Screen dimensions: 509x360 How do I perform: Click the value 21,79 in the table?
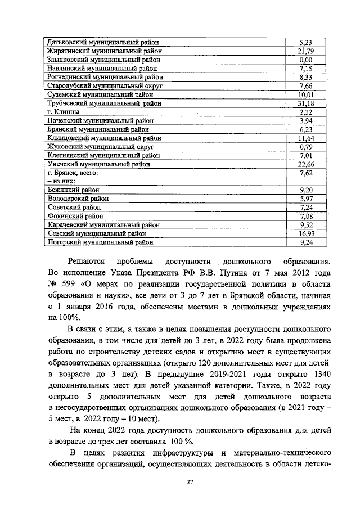coord(305,51)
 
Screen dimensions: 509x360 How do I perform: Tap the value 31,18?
coord(305,103)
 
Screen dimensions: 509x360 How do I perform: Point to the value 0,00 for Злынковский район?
coord(305,60)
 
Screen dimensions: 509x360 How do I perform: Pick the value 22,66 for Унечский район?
coord(305,164)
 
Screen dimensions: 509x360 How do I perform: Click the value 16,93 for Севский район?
coord(305,233)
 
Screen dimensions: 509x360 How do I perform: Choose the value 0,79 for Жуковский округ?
coord(305,147)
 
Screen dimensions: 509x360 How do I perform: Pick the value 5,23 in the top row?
coord(305,42)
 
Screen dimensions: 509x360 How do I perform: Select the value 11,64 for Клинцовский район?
coord(305,138)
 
